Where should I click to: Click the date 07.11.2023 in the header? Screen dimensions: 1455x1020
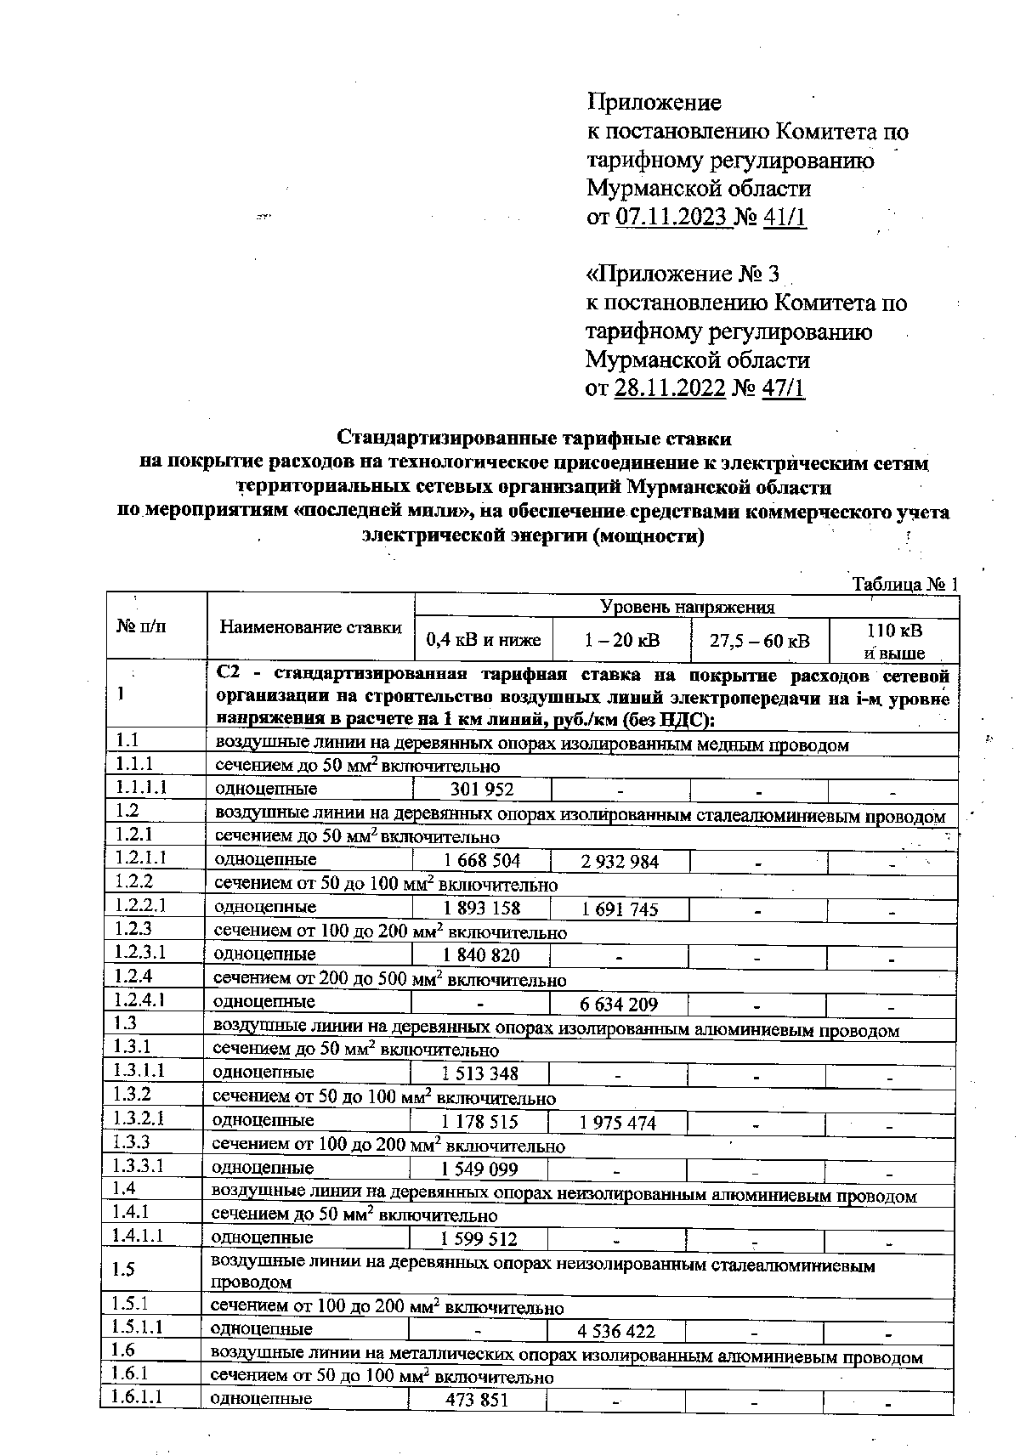671,217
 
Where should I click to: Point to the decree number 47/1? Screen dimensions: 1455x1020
783,388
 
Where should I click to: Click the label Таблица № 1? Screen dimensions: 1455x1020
904,585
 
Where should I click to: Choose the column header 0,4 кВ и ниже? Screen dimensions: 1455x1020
483,640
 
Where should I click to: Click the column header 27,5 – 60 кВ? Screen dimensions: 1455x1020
759,640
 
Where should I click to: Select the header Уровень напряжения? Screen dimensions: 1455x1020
687,607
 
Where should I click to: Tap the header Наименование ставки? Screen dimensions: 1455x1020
310,627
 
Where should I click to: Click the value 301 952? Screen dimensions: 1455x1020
482,790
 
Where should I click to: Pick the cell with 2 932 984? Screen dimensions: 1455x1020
620,862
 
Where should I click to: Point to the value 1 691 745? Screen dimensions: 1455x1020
620,909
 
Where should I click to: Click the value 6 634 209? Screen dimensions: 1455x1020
619,1005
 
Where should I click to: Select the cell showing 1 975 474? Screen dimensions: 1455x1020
618,1123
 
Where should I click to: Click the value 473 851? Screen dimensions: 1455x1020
477,1400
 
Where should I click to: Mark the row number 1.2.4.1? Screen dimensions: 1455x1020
141,1000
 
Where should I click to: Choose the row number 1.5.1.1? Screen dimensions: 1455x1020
139,1327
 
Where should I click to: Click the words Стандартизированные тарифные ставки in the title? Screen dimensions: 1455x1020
534,439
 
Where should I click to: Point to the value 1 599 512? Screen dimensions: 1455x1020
479,1239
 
